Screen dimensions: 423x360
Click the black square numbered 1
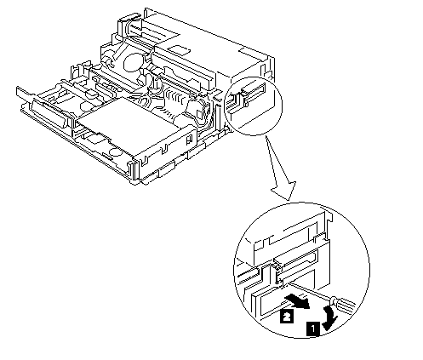pyautogui.click(x=312, y=329)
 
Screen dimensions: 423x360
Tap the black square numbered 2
pyautogui.click(x=287, y=316)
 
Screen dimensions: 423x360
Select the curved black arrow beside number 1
pyautogui.click(x=331, y=317)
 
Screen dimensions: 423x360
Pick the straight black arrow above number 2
pyautogui.click(x=297, y=301)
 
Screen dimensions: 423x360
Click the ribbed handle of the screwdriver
pyautogui.click(x=344, y=302)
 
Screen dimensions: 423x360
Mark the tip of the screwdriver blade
pyautogui.click(x=288, y=283)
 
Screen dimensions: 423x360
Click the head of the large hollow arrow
pyautogui.click(x=284, y=191)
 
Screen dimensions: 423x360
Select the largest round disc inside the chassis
pyautogui.click(x=133, y=62)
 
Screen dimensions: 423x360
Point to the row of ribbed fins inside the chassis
pyautogui.click(x=176, y=99)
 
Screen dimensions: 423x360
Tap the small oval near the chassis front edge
pyautogui.click(x=115, y=151)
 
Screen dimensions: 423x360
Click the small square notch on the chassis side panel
pyautogui.click(x=188, y=139)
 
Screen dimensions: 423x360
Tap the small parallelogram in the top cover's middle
pyautogui.click(x=180, y=50)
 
